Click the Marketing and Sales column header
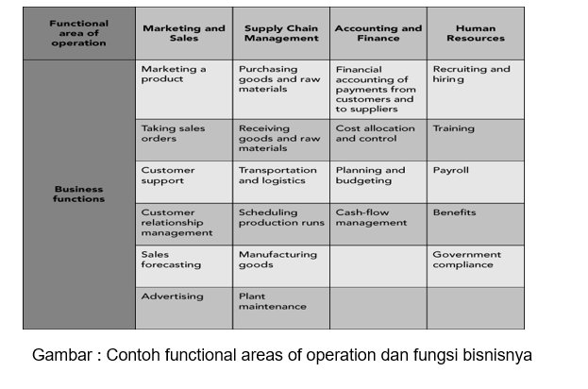point(184,33)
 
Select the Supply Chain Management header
point(281,33)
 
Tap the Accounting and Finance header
point(378,33)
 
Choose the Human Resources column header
point(475,33)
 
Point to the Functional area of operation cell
point(79,33)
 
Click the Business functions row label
point(79,194)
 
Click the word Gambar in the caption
point(62,356)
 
